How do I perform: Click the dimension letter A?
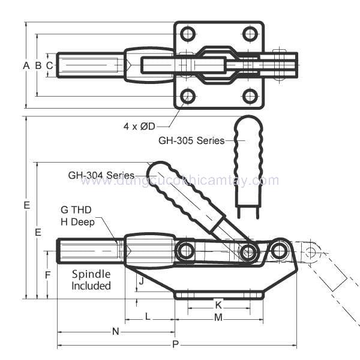[x=26, y=65]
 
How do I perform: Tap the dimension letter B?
[x=38, y=65]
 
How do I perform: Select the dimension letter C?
[x=49, y=65]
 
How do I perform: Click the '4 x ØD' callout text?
[x=139, y=126]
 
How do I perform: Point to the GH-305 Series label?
[x=191, y=140]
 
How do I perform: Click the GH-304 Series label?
[x=101, y=176]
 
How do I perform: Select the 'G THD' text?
[x=76, y=210]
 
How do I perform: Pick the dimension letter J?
[x=141, y=280]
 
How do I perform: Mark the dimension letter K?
[x=218, y=305]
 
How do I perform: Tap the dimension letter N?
[x=116, y=331]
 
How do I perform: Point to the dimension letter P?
[x=175, y=344]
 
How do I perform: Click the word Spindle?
[x=91, y=274]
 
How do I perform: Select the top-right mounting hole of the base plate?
[x=250, y=34]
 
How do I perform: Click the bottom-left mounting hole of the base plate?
[x=188, y=96]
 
